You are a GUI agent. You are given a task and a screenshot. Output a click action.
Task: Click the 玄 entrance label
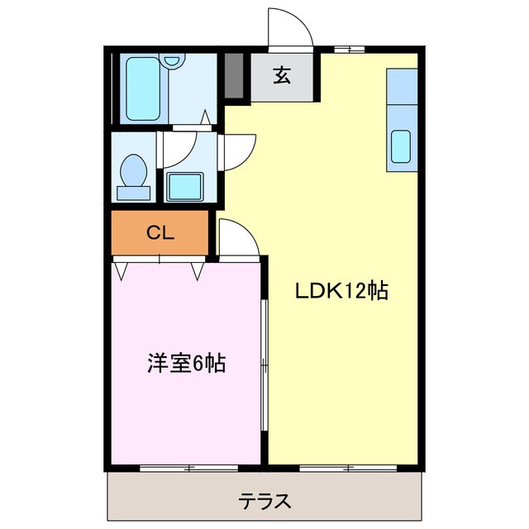(282, 76)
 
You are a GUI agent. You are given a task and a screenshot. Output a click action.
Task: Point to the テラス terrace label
(264, 501)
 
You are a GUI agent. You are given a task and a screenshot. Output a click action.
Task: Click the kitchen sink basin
(401, 146)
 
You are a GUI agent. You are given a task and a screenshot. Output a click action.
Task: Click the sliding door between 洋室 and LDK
(264, 364)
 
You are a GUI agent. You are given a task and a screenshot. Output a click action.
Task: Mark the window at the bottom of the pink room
(188, 469)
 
